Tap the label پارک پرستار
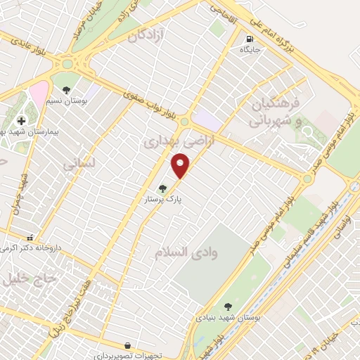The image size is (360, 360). pyautogui.click(x=163, y=200)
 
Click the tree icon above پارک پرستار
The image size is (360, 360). pyautogui.click(x=163, y=188)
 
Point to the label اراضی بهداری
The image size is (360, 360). pyautogui.click(x=167, y=142)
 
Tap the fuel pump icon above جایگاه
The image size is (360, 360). pyautogui.click(x=250, y=39)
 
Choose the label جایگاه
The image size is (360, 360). pyautogui.click(x=250, y=50)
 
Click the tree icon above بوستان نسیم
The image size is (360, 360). pyautogui.click(x=66, y=90)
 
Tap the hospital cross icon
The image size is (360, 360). pyautogui.click(x=21, y=121)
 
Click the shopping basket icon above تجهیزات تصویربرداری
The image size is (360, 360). pyautogui.click(x=127, y=345)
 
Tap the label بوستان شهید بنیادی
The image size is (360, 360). pyautogui.click(x=227, y=318)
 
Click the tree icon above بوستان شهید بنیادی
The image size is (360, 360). pyautogui.click(x=227, y=307)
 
